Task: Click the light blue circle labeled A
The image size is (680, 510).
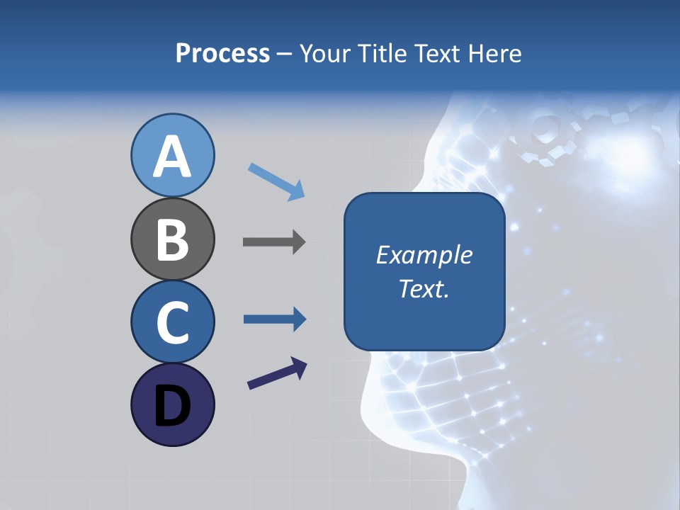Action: (172, 155)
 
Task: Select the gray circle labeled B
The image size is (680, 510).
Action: (172, 239)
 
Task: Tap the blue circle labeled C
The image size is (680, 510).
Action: (172, 322)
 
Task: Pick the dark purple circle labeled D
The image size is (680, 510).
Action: (172, 404)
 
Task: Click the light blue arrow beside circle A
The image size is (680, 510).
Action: (276, 181)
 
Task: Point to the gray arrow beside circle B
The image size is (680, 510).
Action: (274, 242)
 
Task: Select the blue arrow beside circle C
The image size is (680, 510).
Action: (275, 319)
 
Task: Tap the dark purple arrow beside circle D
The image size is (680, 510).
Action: (277, 373)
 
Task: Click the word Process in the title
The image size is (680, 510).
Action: (222, 53)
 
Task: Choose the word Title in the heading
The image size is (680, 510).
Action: (382, 53)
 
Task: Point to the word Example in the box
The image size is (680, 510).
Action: (424, 255)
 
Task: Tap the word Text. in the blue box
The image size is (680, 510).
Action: (424, 288)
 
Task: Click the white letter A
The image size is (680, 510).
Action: (172, 157)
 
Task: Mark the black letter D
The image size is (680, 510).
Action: (172, 407)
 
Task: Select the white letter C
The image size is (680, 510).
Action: (172, 323)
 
